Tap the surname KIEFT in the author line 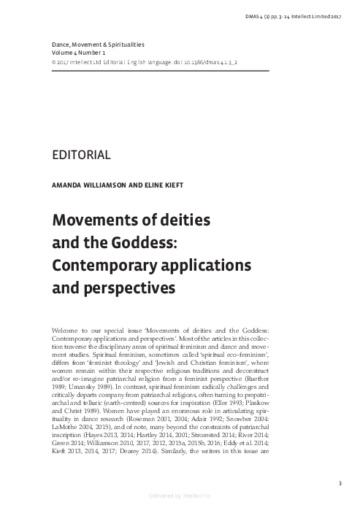pyautogui.click(x=166, y=186)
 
